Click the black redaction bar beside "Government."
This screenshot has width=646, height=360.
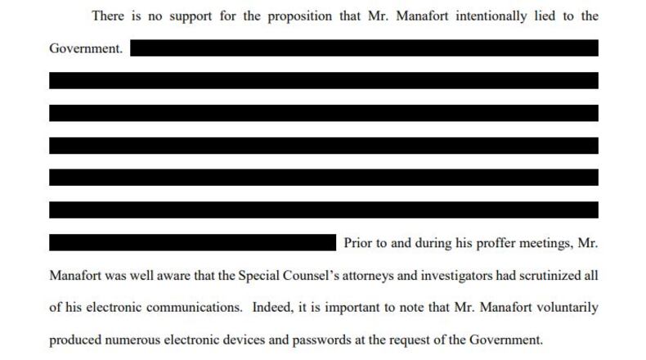pyautogui.click(x=364, y=48)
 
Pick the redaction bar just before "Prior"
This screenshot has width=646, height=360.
pyautogui.click(x=193, y=243)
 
